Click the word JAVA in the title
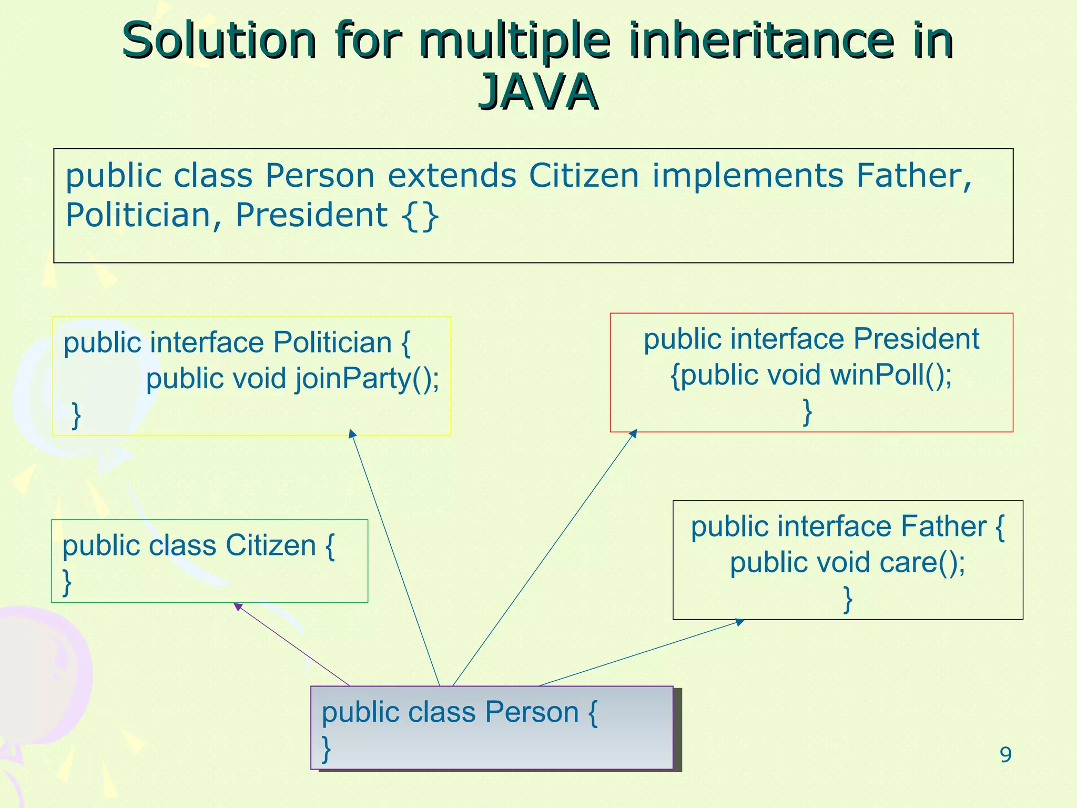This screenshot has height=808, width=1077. tap(537, 93)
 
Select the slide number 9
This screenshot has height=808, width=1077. tap(1005, 755)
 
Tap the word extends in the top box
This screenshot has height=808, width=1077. tap(452, 175)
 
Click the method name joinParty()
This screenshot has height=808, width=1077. tap(367, 379)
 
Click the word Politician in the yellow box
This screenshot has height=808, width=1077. tap(332, 343)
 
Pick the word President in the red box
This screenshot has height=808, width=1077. tap(916, 339)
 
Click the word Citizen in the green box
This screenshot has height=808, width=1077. tap(270, 546)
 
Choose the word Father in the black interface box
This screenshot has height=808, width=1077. tap(943, 527)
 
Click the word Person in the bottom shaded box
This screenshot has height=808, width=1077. tap(531, 712)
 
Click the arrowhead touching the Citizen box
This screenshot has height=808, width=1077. tap(238, 607)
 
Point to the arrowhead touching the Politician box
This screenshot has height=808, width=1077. tap(352, 433)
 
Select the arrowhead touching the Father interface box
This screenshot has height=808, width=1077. tap(740, 622)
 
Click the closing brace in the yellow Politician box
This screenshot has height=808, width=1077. tap(76, 415)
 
